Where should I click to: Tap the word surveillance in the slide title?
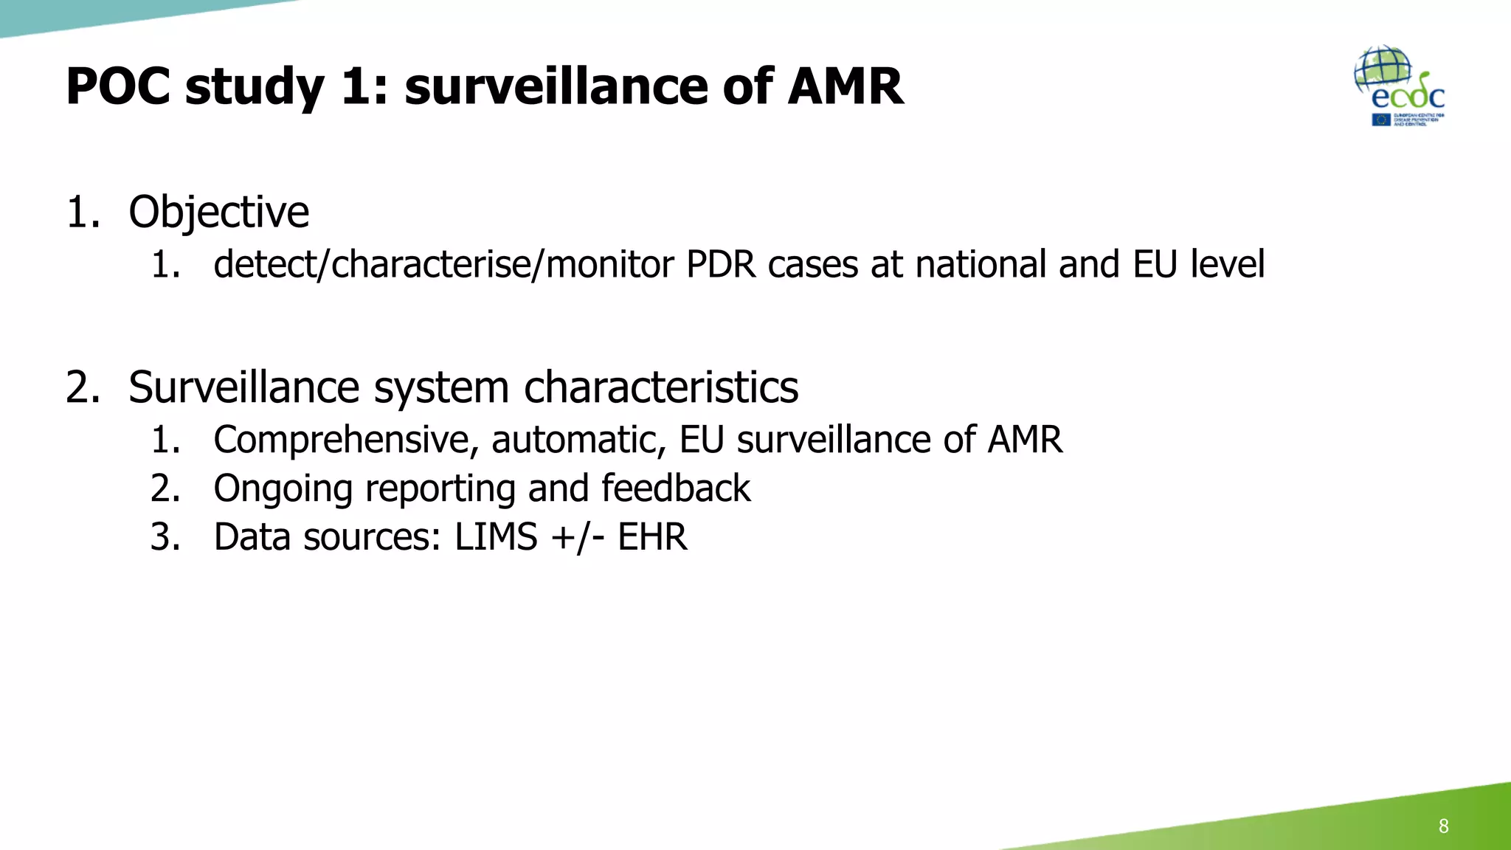point(557,87)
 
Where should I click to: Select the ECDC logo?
point(1400,86)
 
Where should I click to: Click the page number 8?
point(1443,826)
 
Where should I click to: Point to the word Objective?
point(218,212)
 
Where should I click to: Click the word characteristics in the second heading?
point(661,387)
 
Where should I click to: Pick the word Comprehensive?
point(341,440)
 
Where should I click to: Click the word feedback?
point(676,488)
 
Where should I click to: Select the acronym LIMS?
point(496,537)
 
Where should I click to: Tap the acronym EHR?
point(652,537)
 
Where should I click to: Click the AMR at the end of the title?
point(846,87)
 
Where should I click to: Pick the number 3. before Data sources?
point(165,537)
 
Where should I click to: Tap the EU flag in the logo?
point(1381,120)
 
